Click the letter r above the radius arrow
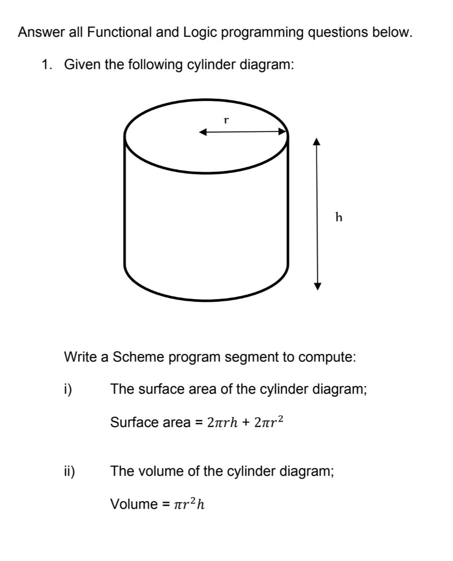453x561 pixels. click(226, 120)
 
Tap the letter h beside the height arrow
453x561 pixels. click(339, 217)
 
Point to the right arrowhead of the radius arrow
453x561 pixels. click(282, 132)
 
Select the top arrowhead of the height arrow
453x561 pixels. click(317, 142)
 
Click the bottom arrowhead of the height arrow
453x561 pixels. click(317, 286)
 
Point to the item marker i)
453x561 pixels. click(69, 389)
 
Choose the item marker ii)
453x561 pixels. click(69, 471)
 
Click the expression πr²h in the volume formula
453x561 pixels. click(190, 504)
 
